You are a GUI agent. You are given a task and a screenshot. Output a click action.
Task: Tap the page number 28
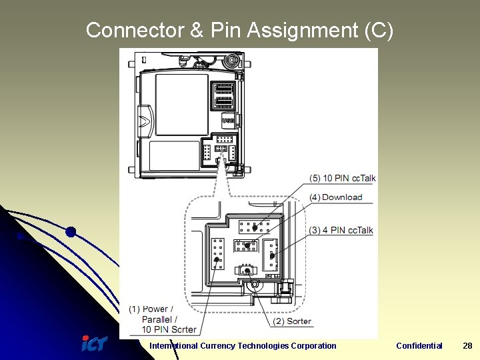[x=467, y=345]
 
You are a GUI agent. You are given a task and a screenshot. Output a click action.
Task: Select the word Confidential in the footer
[x=419, y=345]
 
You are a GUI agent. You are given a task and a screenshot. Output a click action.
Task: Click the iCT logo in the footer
[x=94, y=344]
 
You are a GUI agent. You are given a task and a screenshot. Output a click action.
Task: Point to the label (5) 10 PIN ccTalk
[x=342, y=178]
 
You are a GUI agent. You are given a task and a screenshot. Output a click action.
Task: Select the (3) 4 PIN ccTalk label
[x=341, y=230]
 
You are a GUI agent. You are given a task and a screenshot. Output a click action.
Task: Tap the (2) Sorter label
[x=292, y=321]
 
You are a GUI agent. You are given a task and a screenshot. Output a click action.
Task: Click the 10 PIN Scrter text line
[x=169, y=329]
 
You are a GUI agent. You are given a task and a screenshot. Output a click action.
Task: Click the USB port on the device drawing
[x=227, y=120]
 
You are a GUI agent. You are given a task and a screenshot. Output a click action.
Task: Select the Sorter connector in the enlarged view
[x=247, y=271]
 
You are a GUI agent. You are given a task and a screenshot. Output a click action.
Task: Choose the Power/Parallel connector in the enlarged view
[x=217, y=253]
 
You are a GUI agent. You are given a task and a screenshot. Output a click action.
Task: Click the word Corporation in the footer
[x=313, y=345]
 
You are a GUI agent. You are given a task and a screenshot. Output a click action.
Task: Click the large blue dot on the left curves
[x=70, y=232]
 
